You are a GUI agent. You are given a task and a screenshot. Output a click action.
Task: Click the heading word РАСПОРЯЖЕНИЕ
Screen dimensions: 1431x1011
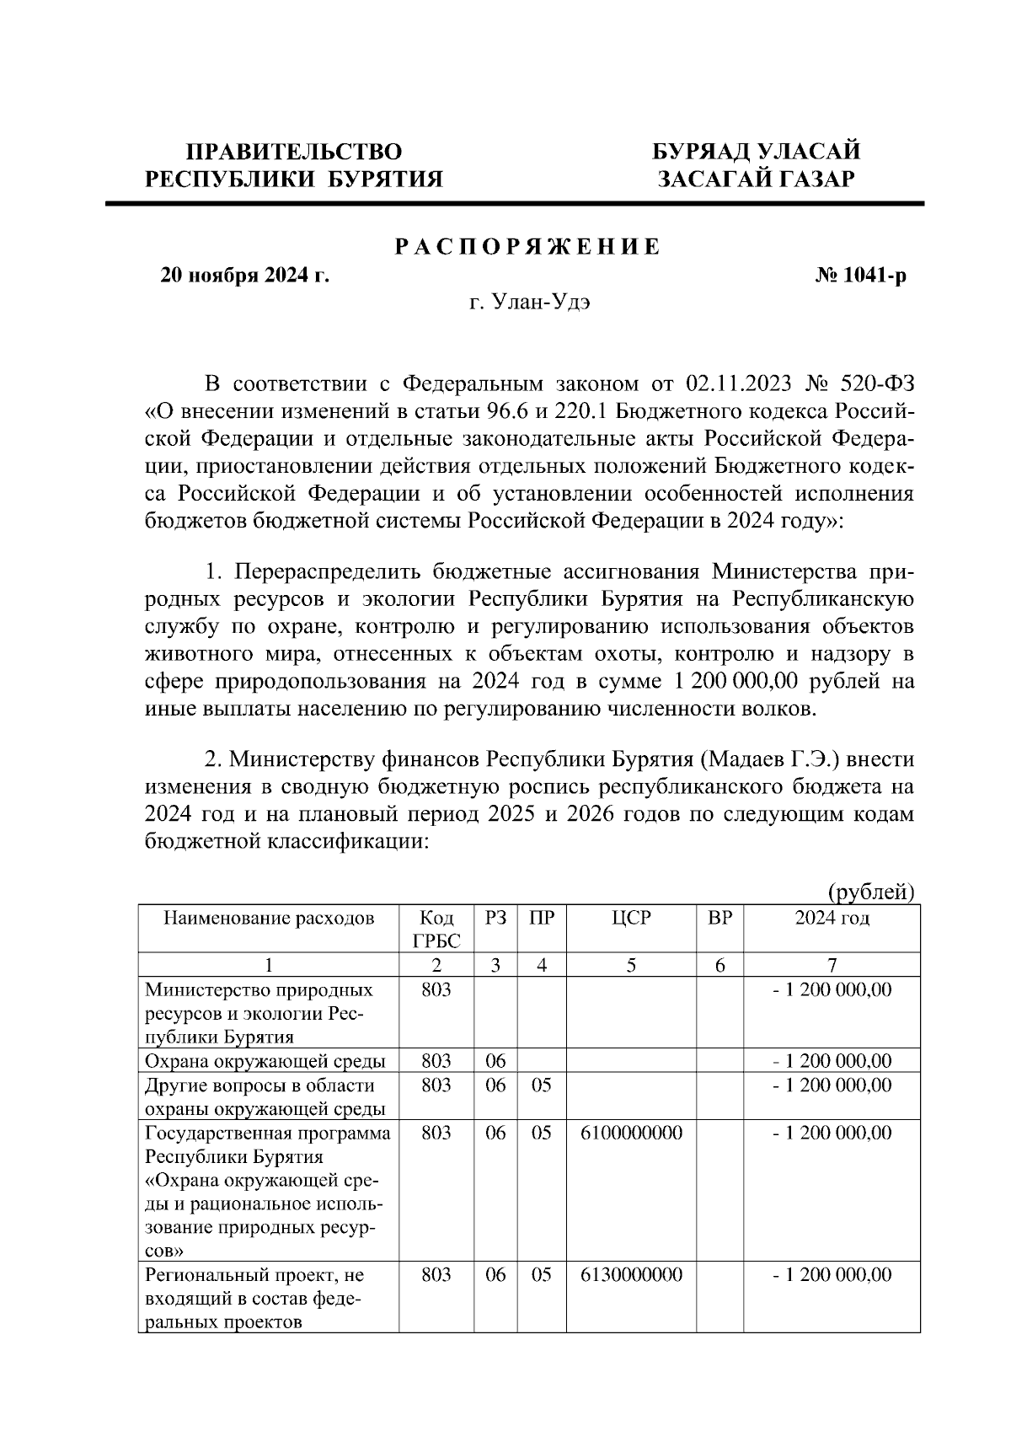(x=528, y=247)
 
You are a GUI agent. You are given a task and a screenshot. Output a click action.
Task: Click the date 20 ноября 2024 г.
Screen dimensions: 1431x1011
(x=244, y=276)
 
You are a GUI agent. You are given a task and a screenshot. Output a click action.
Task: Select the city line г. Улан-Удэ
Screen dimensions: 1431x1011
(x=529, y=303)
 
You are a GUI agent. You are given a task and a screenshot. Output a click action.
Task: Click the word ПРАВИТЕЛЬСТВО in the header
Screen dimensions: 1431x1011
(x=294, y=152)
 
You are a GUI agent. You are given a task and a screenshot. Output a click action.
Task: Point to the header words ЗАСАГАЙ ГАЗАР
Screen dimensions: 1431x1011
(x=756, y=180)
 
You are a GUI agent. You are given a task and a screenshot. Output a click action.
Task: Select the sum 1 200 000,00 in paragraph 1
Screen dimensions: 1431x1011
(x=737, y=681)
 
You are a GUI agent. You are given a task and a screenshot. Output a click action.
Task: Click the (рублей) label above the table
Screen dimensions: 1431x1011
(x=870, y=892)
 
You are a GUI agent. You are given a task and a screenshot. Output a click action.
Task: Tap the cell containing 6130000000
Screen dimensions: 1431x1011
(x=631, y=1275)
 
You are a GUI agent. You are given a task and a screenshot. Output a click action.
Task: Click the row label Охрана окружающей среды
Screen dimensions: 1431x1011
(x=265, y=1061)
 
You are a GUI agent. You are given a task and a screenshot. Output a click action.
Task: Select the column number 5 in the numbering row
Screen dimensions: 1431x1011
(x=631, y=966)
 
